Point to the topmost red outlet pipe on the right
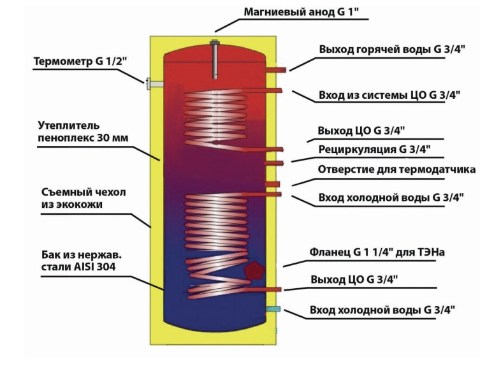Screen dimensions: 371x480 coord(277,69)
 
